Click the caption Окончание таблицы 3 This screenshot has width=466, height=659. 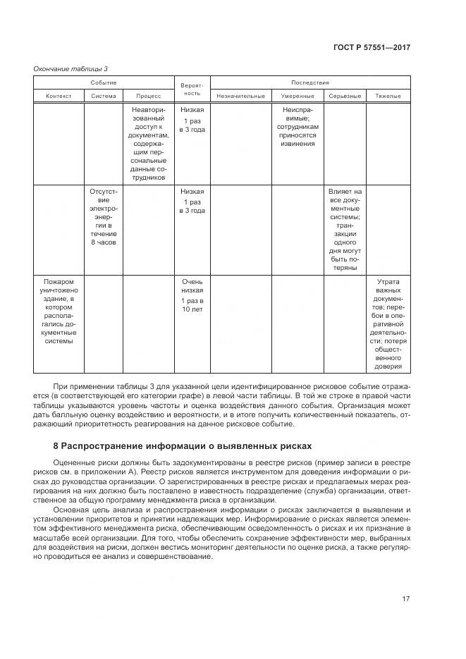[71, 68]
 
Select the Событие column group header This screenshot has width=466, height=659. [104, 83]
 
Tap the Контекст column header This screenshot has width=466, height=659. [59, 96]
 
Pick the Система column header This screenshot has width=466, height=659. [104, 96]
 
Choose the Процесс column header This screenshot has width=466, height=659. [149, 96]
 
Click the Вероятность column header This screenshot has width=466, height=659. [192, 89]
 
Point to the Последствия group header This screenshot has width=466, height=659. [310, 83]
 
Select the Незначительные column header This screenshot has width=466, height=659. [241, 96]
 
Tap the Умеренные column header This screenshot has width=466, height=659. [297, 96]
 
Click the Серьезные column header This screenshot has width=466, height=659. [345, 96]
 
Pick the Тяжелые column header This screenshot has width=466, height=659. [388, 96]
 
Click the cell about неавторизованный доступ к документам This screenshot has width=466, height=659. [149, 144]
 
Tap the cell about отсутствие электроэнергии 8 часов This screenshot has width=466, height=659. [104, 216]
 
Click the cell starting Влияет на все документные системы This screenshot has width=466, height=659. [345, 229]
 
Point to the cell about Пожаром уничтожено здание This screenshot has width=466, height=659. [59, 311]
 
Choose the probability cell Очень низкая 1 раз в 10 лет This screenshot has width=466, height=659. [192, 295]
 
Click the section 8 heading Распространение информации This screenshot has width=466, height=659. [182, 446]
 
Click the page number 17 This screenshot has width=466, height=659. [405, 599]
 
